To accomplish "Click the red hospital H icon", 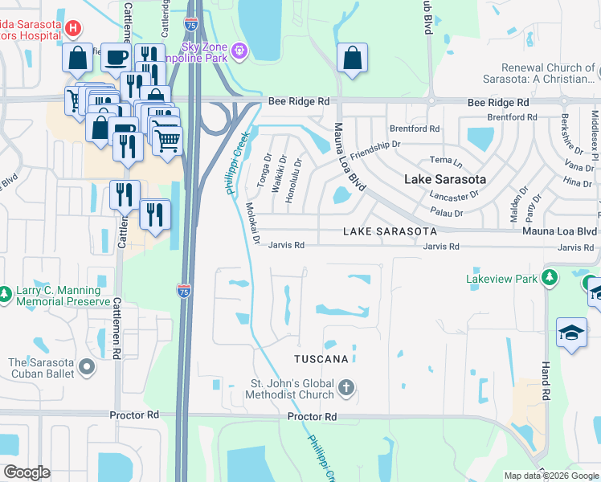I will [x=72, y=30].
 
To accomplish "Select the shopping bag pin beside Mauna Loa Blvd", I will [x=352, y=58].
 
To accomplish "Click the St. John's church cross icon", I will [x=346, y=389].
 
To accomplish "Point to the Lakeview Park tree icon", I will [x=550, y=279].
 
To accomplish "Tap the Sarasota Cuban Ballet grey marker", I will [x=87, y=368].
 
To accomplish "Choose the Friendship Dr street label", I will [x=374, y=149].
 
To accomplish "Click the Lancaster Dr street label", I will [x=454, y=195].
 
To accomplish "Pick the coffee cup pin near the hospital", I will [x=116, y=57].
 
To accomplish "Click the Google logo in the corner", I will [x=27, y=472].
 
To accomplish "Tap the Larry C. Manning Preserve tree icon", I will [x=6, y=295].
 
